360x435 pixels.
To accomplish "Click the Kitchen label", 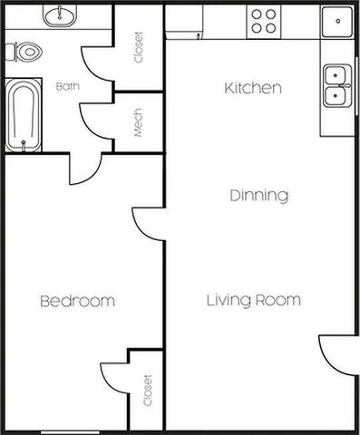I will pos(253,88).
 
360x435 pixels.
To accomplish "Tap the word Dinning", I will pos(258,195).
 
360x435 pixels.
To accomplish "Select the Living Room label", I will pos(253,300).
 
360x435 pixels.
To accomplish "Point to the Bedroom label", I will pos(77,301).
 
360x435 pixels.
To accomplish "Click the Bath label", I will pos(68,87).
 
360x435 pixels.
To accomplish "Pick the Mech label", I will pos(139,122).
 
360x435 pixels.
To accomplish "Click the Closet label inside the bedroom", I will pos(148,391).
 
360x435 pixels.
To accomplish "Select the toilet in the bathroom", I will pos(28,52).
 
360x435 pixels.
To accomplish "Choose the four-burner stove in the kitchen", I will pos(265,20).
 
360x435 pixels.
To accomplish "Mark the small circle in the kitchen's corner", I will pos(337,19).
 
